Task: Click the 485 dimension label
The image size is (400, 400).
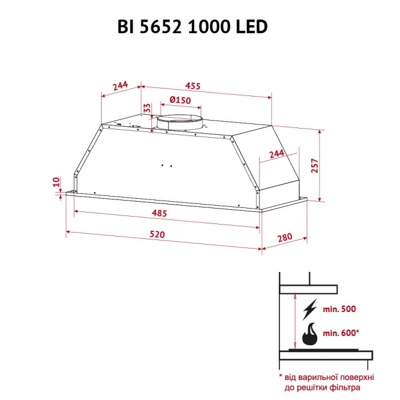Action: click(x=159, y=214)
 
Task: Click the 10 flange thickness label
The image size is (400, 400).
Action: click(x=56, y=182)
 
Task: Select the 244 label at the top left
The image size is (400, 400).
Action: click(x=119, y=87)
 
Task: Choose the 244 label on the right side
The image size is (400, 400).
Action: click(x=277, y=154)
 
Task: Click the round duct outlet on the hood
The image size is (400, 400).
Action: click(x=179, y=121)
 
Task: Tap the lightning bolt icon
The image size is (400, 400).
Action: click(x=310, y=309)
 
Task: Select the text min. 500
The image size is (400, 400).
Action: click(x=340, y=309)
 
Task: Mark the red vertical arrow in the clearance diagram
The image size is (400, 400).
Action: click(x=294, y=321)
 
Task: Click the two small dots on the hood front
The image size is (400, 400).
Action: click(x=166, y=165)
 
